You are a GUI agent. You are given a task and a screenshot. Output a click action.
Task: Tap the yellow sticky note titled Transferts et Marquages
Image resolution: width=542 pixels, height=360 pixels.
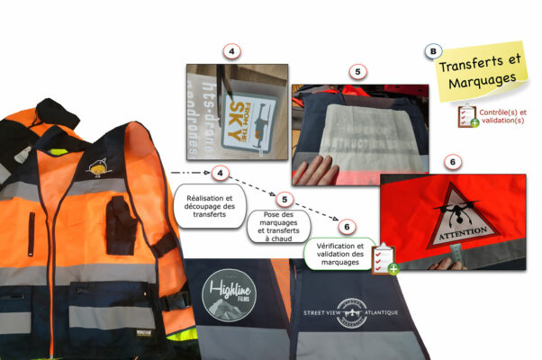click(479, 73)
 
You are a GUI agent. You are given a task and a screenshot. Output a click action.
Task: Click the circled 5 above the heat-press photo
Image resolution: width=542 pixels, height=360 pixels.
click(357, 70)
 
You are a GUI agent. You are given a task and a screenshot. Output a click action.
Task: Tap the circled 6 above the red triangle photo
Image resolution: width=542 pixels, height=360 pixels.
click(453, 161)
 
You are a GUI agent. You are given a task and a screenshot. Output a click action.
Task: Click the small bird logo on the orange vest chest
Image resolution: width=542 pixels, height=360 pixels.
click(95, 166)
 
